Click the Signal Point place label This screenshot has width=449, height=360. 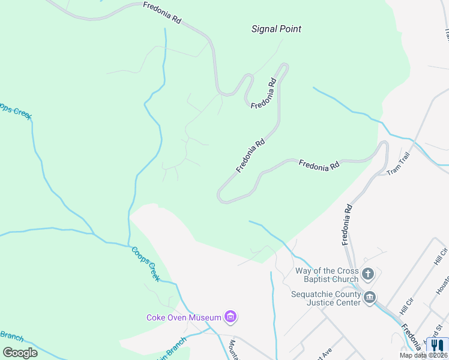(x=276, y=29)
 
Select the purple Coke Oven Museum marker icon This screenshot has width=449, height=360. (x=230, y=316)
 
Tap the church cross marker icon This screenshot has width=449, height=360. (x=369, y=275)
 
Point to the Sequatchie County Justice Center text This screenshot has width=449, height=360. (x=326, y=298)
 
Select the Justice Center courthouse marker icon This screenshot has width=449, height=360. (x=370, y=297)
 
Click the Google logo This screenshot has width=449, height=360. (x=20, y=352)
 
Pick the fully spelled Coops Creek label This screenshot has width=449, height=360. (x=146, y=264)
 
